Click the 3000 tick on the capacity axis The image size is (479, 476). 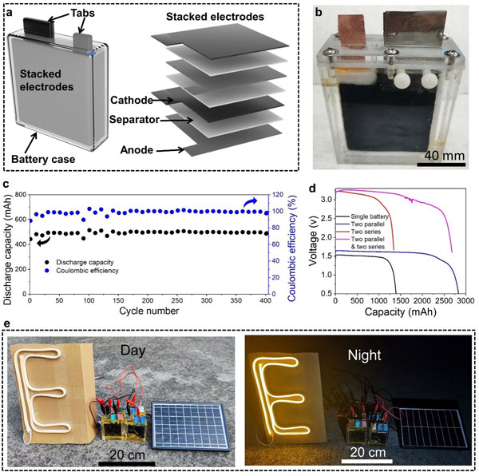465,302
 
